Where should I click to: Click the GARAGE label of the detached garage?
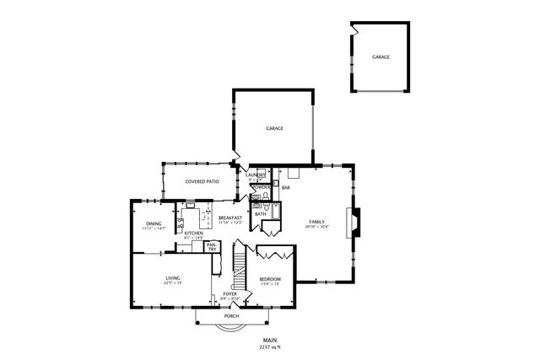point(381,56)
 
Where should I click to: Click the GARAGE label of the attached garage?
point(274,128)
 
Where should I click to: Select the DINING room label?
point(154,223)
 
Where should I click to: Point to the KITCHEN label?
point(193,234)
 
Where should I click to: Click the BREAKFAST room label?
point(230,218)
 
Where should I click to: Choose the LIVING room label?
point(172,277)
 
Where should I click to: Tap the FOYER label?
point(229,293)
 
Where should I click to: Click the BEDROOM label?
point(270,279)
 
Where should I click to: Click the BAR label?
point(286,187)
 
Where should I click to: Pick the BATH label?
point(261,214)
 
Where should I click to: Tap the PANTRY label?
point(212,246)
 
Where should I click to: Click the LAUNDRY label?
point(256,174)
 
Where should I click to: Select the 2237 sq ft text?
point(270,347)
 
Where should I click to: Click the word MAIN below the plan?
point(270,340)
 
